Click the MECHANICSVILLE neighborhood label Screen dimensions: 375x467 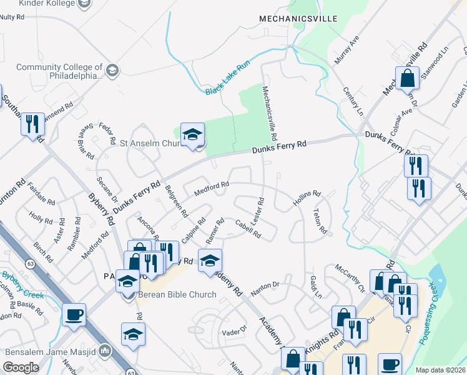(x=298, y=19)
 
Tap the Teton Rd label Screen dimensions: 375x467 (x=320, y=221)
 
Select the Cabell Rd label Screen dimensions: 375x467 (x=248, y=229)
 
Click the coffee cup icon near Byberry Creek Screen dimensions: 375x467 (x=74, y=314)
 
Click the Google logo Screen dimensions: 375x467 (x=21, y=367)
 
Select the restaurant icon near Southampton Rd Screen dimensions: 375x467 (x=33, y=124)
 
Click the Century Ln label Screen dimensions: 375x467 (x=353, y=101)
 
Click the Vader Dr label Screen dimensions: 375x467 (x=235, y=330)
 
